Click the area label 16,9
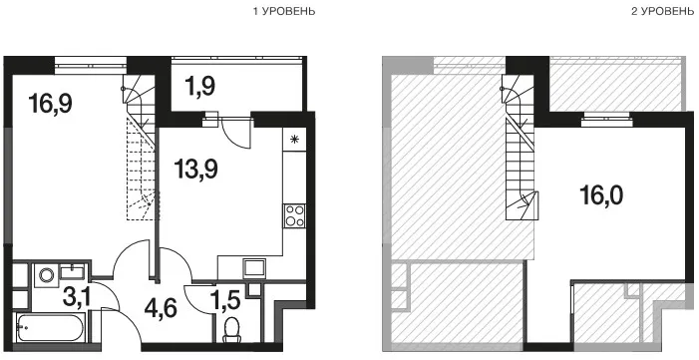coord(51,104)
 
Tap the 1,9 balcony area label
coord(199,86)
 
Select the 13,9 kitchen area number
coord(195,169)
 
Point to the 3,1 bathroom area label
coord(77,297)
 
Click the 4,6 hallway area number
coord(161,307)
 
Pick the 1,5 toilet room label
coord(224,300)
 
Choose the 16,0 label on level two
coord(601,194)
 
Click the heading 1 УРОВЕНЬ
coord(284,12)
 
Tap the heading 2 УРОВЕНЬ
coord(663,12)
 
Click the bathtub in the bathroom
coord(51,327)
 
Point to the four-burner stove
coord(295,216)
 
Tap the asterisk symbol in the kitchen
coord(294,140)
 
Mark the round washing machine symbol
coord(46,275)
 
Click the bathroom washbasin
coord(73,271)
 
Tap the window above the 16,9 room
coord(91,65)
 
